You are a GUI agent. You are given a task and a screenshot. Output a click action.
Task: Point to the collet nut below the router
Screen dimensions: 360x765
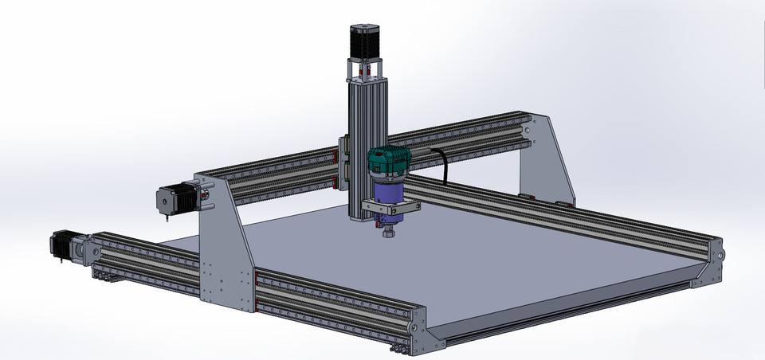[x=388, y=233]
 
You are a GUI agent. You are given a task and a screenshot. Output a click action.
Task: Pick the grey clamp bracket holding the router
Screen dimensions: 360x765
[x=390, y=207]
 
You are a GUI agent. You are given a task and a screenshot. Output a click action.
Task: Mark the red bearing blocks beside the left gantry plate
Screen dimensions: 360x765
[x=257, y=276]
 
